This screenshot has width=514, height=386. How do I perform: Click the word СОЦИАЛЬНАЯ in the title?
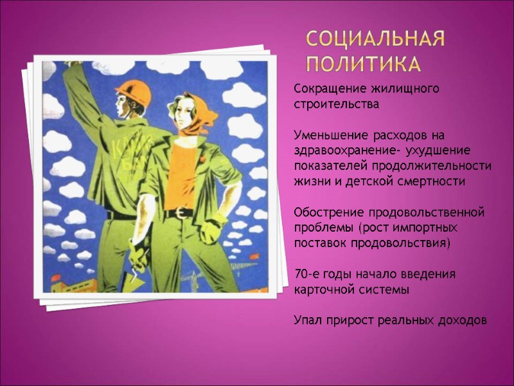pos(375,41)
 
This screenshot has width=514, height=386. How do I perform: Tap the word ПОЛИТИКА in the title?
pos(363,64)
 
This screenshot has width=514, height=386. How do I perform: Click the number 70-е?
pos(307,275)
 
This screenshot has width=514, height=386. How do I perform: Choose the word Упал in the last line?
pos(308,320)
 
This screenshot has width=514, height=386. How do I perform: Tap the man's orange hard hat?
pos(133,95)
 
